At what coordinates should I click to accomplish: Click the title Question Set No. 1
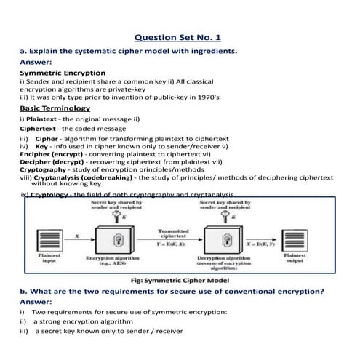pos(180,37)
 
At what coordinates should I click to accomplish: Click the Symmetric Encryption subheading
pos(62,73)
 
